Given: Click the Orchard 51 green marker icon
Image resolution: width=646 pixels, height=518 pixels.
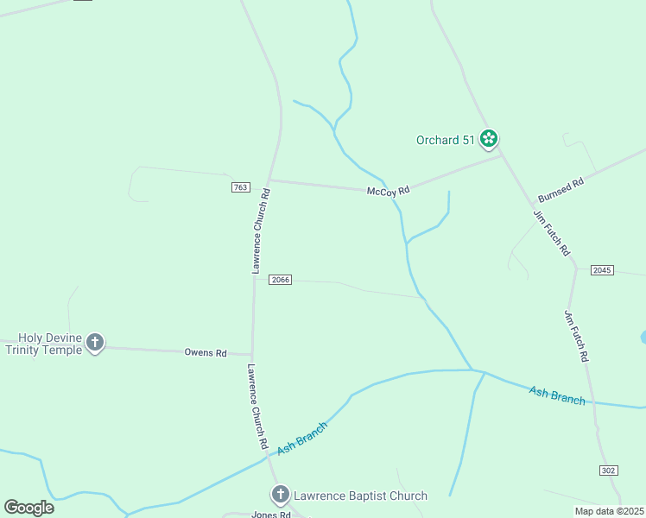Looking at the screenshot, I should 489,138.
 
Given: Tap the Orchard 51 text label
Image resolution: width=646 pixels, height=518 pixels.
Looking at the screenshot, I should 446,140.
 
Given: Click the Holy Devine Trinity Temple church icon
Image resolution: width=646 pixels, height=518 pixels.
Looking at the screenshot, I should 95,343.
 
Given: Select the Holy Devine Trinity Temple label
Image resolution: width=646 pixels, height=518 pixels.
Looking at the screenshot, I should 43,344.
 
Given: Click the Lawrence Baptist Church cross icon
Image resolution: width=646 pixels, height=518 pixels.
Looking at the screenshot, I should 280,495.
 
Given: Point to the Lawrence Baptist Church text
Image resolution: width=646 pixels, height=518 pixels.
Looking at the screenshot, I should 360,496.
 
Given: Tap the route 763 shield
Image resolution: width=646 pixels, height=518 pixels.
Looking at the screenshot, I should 241,187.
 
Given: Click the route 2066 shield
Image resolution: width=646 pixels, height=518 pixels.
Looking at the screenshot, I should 280,280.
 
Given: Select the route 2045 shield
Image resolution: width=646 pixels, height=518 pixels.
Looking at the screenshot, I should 602,270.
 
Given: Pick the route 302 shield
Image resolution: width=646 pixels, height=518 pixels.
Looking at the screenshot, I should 608,470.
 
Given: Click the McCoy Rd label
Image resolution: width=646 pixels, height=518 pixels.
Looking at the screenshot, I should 388,191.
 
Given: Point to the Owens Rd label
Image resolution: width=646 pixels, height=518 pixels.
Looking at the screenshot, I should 206,352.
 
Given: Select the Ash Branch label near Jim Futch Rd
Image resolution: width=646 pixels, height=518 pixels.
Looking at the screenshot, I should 557,395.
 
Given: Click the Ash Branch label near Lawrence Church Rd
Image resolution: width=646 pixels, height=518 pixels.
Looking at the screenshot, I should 302,437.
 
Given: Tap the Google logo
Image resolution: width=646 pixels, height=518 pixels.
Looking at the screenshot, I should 28,507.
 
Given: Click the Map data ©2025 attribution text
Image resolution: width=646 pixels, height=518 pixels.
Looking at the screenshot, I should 609,511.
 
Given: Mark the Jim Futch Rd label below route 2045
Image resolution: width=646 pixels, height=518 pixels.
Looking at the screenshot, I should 576,336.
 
